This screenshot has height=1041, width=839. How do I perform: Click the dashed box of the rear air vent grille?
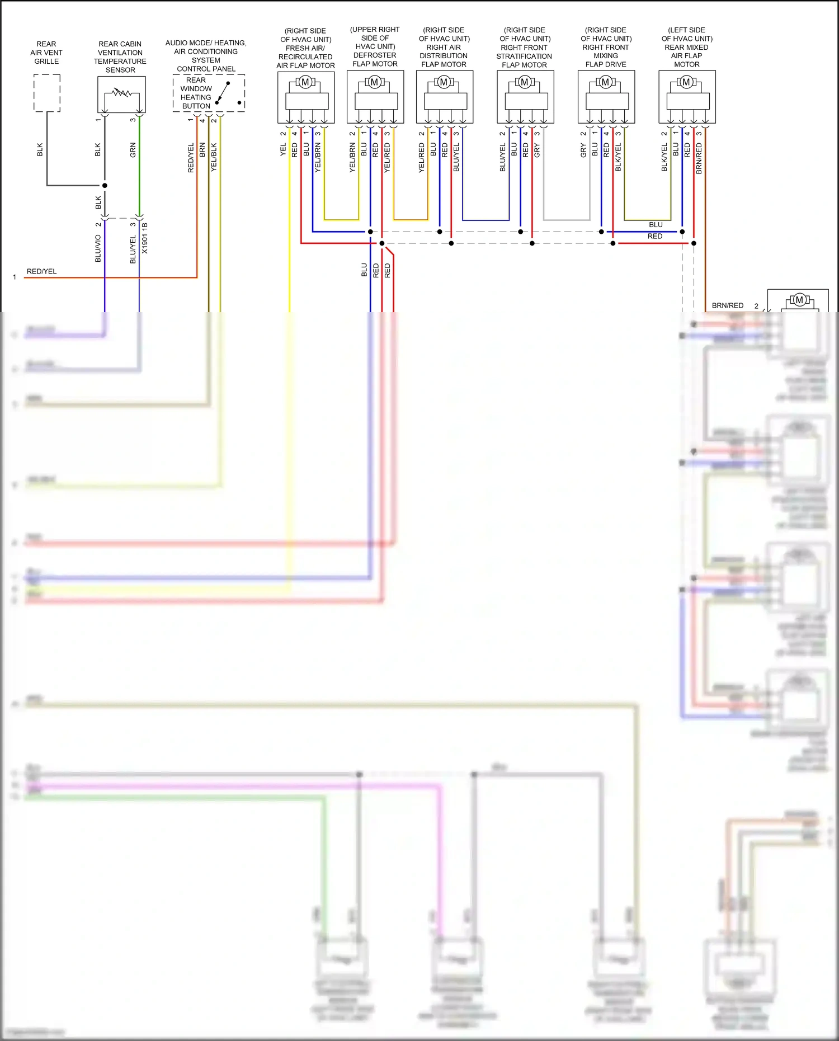click(47, 93)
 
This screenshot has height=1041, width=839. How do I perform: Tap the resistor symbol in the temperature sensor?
click(121, 92)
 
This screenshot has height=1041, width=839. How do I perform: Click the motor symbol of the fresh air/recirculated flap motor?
click(305, 82)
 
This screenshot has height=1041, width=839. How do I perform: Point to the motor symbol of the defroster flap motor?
click(375, 82)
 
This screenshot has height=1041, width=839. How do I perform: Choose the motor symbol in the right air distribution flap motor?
click(444, 82)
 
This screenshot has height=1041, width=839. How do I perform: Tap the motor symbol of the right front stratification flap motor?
click(525, 82)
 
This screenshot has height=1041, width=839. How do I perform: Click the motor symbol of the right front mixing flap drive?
click(605, 82)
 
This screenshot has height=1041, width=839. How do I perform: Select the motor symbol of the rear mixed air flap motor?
click(686, 82)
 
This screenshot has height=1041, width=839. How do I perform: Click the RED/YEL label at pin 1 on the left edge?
click(42, 271)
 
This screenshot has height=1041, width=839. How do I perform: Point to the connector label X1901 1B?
click(145, 238)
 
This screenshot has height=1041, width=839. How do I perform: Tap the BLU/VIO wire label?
click(98, 248)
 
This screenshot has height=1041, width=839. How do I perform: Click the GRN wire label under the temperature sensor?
click(133, 150)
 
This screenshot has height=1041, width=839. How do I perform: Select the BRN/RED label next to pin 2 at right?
click(727, 305)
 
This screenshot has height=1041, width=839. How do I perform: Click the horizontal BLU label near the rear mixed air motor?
click(656, 225)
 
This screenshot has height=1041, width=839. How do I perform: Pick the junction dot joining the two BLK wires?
click(105, 185)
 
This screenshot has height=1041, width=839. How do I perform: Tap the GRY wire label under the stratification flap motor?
click(537, 150)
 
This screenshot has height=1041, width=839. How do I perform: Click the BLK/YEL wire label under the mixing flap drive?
click(618, 157)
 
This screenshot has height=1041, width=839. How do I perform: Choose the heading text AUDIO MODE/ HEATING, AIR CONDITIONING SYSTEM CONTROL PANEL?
click(206, 56)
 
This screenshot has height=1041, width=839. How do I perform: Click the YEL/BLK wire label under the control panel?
click(214, 157)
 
